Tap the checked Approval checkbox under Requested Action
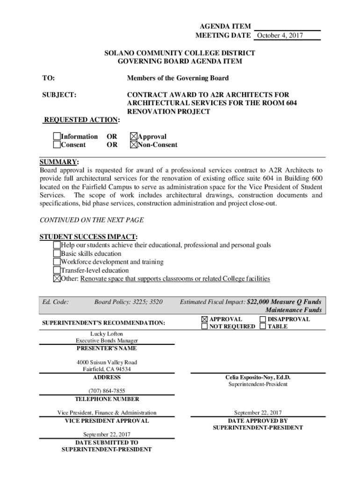(134, 137)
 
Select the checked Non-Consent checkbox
(134, 145)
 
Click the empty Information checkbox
(57, 137)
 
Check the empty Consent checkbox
(57, 145)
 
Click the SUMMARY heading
(59, 162)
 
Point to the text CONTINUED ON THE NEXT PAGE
(92, 220)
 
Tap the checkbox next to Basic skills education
(57, 254)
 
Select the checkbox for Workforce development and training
(57, 262)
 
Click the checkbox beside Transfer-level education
(57, 270)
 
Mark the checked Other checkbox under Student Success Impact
(57, 279)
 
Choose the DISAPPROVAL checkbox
(263, 319)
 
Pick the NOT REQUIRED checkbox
(204, 327)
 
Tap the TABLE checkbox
(263, 327)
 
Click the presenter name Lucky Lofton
(107, 334)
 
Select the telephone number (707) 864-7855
(107, 391)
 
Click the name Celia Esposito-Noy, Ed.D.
(258, 377)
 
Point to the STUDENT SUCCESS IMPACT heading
(88, 237)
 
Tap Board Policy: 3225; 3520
(129, 302)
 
